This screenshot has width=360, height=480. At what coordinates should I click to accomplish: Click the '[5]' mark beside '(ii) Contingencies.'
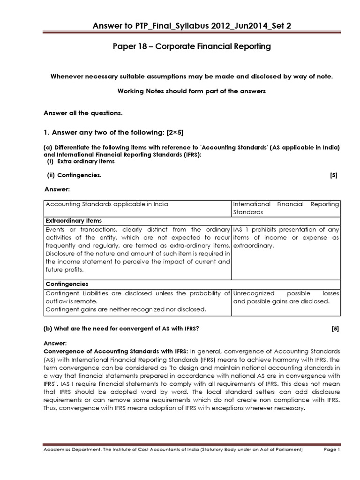pos(333,175)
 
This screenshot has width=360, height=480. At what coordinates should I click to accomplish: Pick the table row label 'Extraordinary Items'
pos(74,220)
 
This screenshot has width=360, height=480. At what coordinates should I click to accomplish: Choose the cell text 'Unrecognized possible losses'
pos(286,293)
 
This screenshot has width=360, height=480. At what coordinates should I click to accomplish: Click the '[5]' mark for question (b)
pos(335,329)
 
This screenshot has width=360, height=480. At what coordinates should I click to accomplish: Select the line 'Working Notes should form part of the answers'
pos(191,91)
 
